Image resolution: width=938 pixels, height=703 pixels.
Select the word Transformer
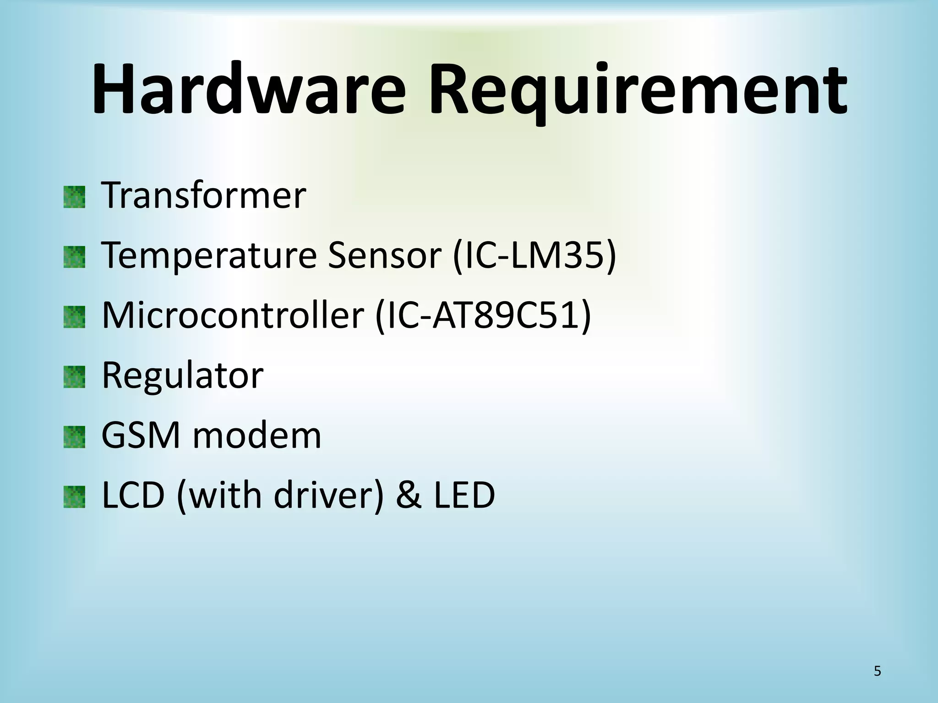coord(203,195)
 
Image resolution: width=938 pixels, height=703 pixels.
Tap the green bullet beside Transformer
coord(74,197)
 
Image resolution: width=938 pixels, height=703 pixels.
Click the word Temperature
coord(209,256)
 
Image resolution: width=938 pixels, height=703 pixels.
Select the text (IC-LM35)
coord(534,256)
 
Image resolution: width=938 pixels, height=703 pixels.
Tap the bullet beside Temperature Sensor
coord(74,257)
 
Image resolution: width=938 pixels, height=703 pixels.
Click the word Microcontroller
coord(233,315)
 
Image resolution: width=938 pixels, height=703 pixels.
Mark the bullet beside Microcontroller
coord(74,317)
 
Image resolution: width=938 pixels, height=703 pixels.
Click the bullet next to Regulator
coord(74,377)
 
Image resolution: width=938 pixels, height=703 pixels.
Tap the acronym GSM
coord(141,435)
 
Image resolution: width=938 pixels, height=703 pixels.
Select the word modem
coord(257,435)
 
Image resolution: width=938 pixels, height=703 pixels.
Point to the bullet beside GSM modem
coord(74,437)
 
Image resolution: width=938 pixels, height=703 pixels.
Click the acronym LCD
coord(133,495)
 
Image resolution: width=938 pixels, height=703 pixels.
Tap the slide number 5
coord(877,671)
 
